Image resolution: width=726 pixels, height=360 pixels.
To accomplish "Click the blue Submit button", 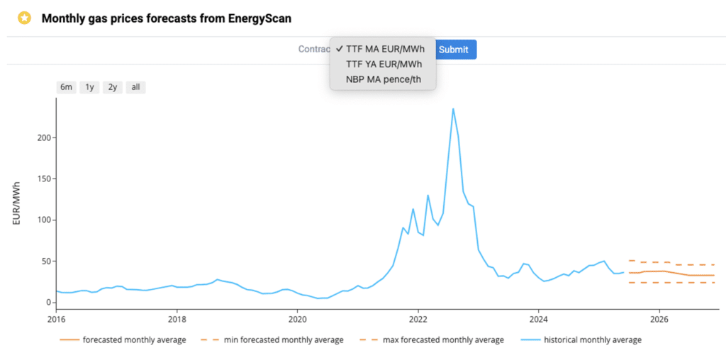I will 454,50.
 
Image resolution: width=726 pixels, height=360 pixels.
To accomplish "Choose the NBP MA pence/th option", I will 383,79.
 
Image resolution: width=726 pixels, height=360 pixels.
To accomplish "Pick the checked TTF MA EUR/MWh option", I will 385,49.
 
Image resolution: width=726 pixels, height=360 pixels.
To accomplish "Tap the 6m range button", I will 66,87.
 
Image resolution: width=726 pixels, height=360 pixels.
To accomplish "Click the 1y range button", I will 89,87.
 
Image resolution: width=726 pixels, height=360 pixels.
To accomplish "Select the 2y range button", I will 112,87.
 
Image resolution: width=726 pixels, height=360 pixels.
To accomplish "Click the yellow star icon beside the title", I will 25,18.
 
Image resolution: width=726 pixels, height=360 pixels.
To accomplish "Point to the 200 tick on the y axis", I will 43,137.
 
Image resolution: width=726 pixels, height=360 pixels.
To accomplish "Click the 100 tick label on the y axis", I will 43,220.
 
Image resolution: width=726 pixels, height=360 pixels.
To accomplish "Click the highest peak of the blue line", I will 453,108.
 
